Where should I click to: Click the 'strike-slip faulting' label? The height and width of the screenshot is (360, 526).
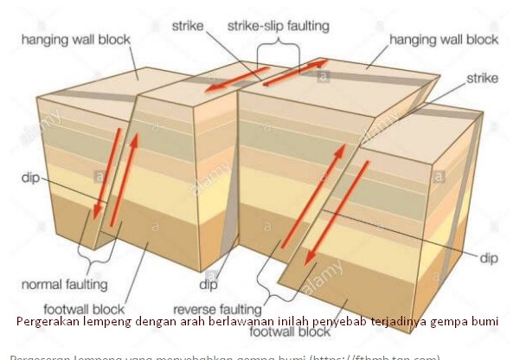pos(278,26)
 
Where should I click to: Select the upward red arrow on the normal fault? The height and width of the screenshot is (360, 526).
pos(129,186)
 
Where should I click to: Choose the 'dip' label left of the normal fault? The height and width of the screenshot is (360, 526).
pos(30,179)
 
